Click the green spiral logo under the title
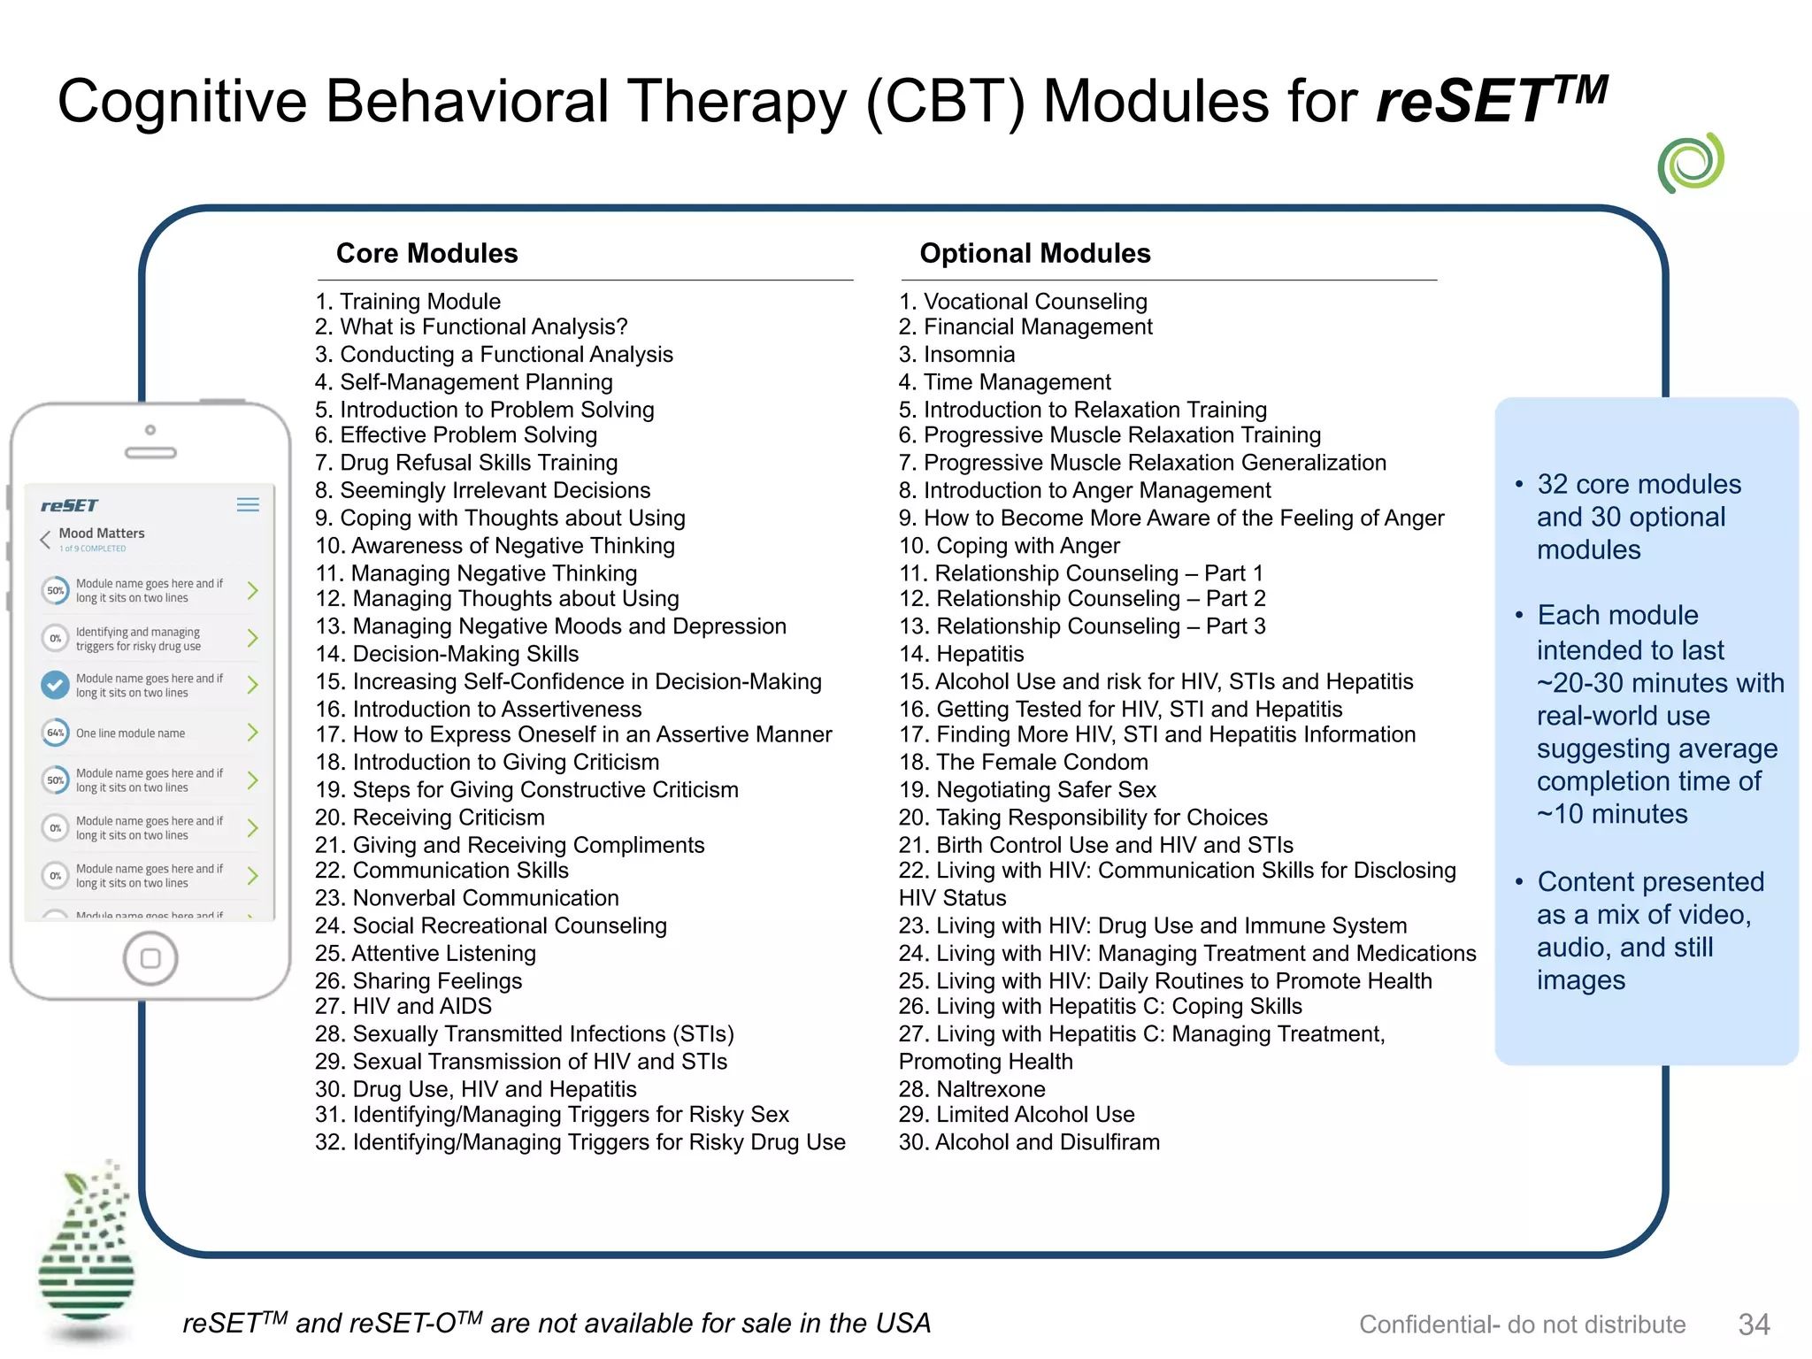[x=1691, y=163]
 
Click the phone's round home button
[x=150, y=958]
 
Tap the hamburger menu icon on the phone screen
[x=248, y=504]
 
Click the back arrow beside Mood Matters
[x=45, y=539]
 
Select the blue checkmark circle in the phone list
[x=55, y=685]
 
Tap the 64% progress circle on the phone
[x=55, y=733]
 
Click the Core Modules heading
[x=426, y=253]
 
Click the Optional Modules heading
[x=1034, y=253]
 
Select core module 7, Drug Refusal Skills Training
[x=466, y=463]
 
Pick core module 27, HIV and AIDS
[x=403, y=1006]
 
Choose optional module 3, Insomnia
[x=956, y=355]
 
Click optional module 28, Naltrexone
[x=971, y=1089]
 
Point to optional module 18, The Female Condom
[x=1023, y=763]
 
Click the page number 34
[x=1754, y=1324]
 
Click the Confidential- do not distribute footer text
[x=1522, y=1324]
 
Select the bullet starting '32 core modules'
[x=1638, y=517]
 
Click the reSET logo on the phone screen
[x=69, y=505]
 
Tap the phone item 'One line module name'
[x=131, y=733]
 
